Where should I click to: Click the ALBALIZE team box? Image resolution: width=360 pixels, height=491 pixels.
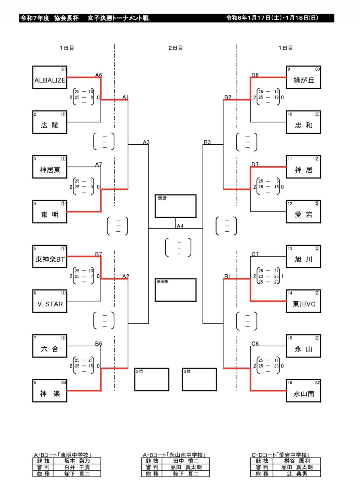50,77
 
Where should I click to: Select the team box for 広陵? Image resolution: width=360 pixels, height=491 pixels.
50,122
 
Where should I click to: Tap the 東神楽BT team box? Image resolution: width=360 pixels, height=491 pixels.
50,257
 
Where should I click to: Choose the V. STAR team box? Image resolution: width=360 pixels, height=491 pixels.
50,301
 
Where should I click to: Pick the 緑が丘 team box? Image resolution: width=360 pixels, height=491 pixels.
304,77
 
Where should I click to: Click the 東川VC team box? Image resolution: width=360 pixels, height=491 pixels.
304,301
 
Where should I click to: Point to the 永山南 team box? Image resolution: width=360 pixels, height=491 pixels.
304,391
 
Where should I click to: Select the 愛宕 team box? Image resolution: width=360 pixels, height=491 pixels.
304,212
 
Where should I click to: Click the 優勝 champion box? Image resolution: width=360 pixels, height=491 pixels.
176,206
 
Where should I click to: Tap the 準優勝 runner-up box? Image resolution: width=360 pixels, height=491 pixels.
176,290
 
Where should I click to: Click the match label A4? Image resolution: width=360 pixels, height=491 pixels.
180,226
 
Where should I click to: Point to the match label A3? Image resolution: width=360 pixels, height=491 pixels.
146,142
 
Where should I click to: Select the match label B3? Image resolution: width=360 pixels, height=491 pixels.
207,142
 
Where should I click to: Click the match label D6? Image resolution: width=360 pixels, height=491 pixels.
255,75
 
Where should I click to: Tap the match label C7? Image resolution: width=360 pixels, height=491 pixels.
255,254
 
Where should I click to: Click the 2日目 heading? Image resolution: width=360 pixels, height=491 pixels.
176,48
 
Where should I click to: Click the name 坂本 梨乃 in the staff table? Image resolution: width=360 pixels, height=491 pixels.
77,461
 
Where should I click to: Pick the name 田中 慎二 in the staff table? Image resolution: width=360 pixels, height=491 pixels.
186,461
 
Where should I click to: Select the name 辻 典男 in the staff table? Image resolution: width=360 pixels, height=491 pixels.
297,474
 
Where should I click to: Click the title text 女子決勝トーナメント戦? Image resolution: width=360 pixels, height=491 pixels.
118,18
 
